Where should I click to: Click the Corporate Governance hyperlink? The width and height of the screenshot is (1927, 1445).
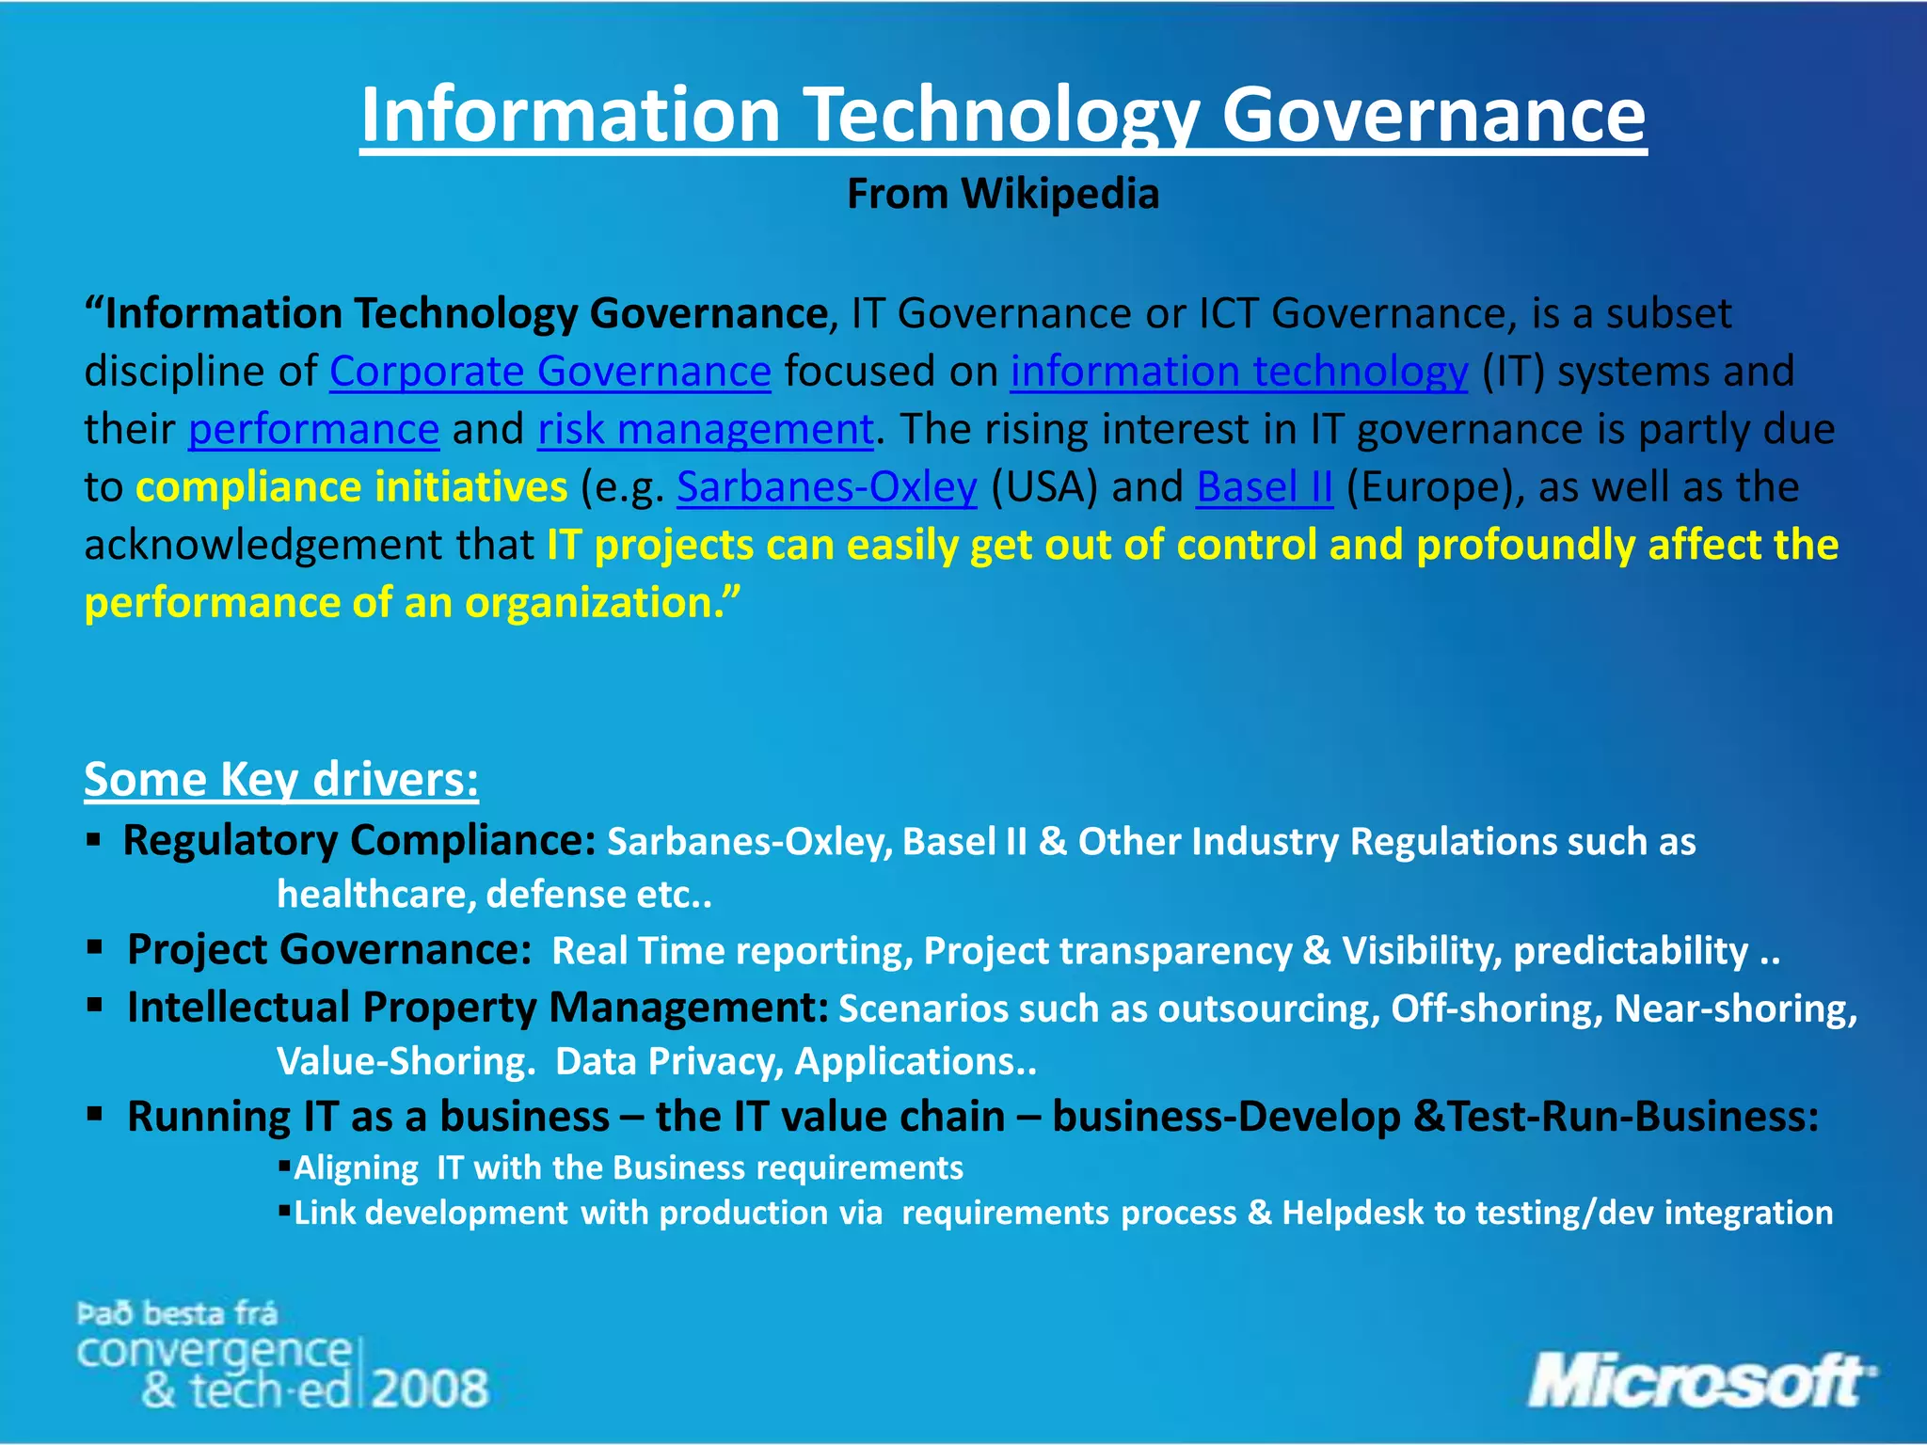point(549,372)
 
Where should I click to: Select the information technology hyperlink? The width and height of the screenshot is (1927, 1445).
point(1238,372)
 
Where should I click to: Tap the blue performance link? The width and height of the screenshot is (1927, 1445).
point(313,430)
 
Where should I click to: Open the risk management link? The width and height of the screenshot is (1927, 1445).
point(706,430)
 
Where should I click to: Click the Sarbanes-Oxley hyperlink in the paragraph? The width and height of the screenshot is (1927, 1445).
point(826,487)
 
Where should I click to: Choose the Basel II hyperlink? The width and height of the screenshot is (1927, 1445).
point(1264,487)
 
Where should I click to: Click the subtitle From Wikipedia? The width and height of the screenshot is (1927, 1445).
point(1002,194)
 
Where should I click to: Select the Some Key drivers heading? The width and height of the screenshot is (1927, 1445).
point(281,779)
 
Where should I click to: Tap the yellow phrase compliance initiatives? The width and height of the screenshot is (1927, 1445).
point(351,487)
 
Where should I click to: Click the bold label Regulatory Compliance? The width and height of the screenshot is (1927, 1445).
point(358,840)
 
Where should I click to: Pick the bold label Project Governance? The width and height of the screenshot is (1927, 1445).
point(329,949)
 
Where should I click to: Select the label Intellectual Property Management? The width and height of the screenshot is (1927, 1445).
point(477,1008)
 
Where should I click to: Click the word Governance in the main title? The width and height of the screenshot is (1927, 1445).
point(1432,114)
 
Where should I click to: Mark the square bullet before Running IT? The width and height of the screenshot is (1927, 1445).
point(94,1115)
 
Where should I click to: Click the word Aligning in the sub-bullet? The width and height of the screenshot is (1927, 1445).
point(356,1167)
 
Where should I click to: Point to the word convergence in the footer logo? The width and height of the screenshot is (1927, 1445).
point(214,1351)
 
